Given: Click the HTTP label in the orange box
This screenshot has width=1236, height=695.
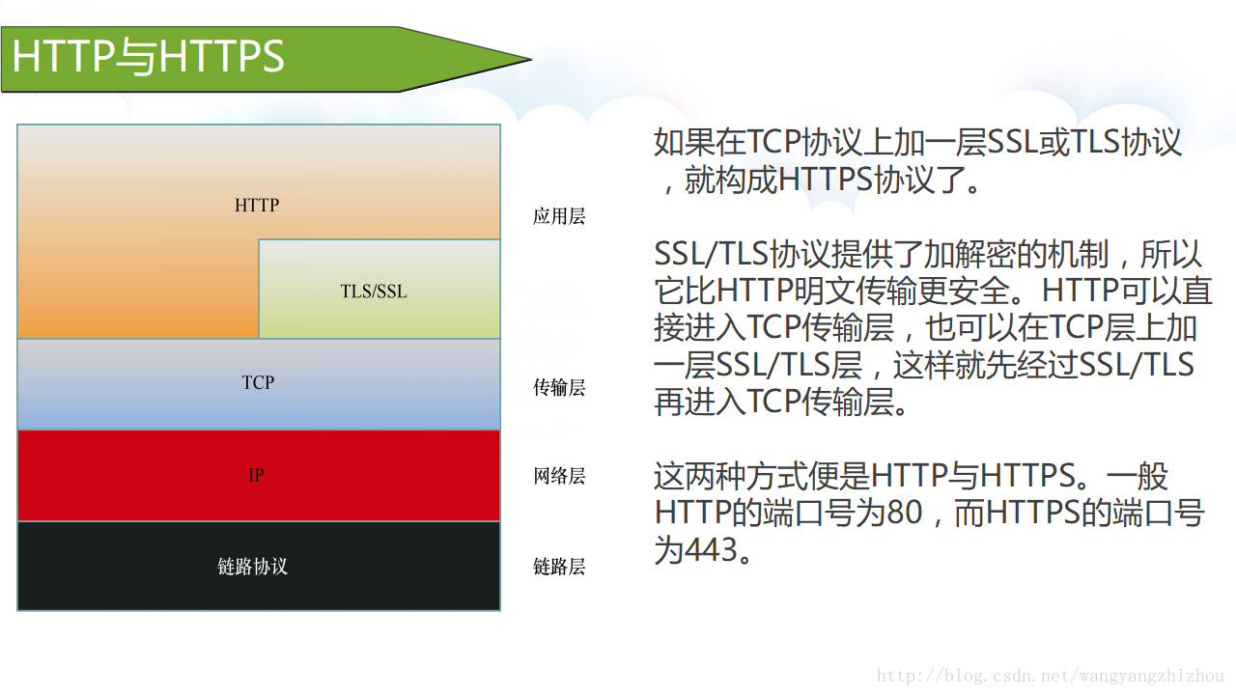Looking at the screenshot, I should [x=257, y=206].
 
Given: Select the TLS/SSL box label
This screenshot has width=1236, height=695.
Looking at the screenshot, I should [x=374, y=292].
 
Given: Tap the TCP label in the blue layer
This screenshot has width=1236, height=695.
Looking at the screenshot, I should [x=258, y=383].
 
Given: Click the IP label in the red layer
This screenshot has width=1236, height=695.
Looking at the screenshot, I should [x=256, y=476].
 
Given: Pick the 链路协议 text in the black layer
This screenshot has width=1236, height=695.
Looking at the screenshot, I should [x=253, y=567].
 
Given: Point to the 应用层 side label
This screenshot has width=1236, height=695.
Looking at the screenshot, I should [x=559, y=217].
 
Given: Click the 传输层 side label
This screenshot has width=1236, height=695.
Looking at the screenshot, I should [x=559, y=388].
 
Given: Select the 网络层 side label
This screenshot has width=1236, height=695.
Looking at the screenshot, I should [x=559, y=477].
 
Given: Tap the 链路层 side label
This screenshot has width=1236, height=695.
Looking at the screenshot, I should [x=559, y=568].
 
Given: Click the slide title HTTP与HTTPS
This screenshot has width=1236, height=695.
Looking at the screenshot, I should [x=149, y=57].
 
